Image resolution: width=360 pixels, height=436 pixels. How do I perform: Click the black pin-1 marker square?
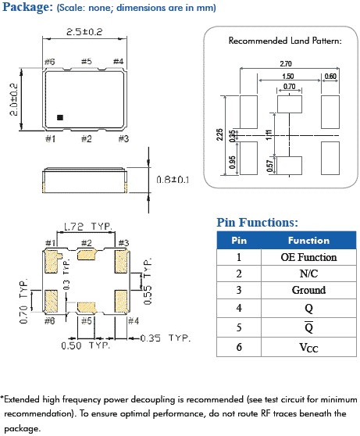click(x=61, y=117)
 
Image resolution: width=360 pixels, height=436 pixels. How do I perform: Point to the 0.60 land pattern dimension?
click(x=330, y=76)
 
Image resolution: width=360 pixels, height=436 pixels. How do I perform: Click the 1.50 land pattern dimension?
click(x=289, y=76)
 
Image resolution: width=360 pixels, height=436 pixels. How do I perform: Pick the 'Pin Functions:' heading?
click(x=257, y=223)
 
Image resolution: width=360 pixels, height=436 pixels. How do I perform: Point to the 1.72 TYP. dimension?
click(x=87, y=225)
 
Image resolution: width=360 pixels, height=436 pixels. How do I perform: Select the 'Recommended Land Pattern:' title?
click(x=284, y=40)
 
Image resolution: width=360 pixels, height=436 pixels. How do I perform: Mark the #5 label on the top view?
click(x=86, y=61)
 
